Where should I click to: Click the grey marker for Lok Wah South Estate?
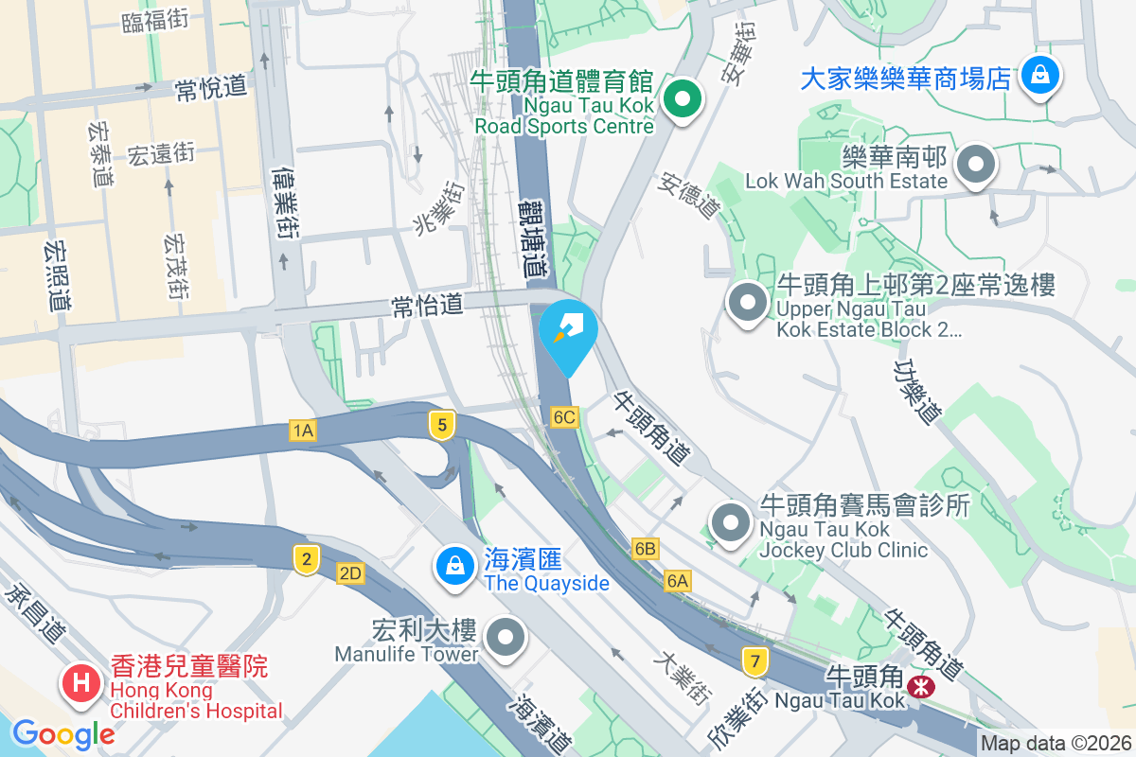(976, 166)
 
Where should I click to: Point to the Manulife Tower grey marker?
(507, 637)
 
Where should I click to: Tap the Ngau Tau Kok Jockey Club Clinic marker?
(731, 523)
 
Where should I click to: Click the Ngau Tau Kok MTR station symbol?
(919, 686)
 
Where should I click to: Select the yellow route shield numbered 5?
(440, 425)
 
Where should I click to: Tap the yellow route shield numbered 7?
(754, 660)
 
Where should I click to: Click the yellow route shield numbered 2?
(305, 559)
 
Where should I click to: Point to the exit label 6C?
(565, 416)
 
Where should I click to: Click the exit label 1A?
(303, 431)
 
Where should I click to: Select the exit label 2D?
(350, 572)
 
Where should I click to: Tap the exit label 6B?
(646, 549)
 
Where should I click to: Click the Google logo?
(63, 733)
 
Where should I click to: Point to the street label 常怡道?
(428, 305)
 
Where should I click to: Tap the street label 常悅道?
(210, 89)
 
